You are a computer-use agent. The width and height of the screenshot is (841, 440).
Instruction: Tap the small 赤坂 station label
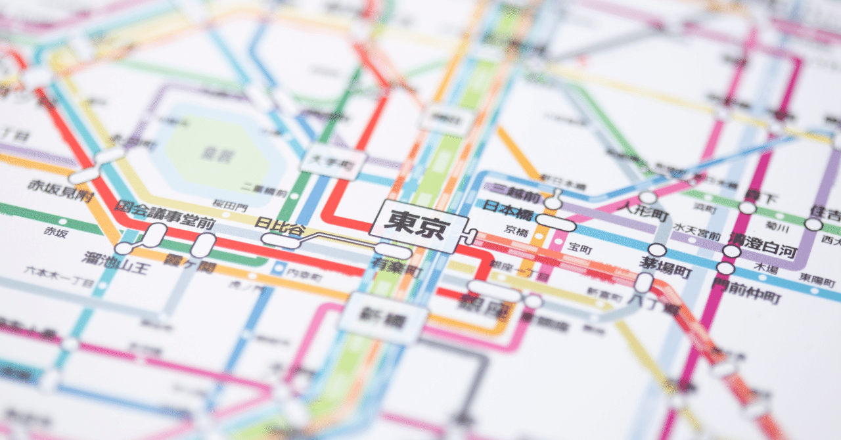[x=55, y=231]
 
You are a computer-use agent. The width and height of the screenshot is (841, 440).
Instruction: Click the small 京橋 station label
[x=516, y=231]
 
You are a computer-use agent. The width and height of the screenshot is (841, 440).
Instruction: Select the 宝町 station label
[x=580, y=248]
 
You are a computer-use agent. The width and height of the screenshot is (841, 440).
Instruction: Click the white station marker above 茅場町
[x=657, y=250]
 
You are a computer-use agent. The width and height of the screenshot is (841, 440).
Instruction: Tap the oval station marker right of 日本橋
[x=555, y=223]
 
